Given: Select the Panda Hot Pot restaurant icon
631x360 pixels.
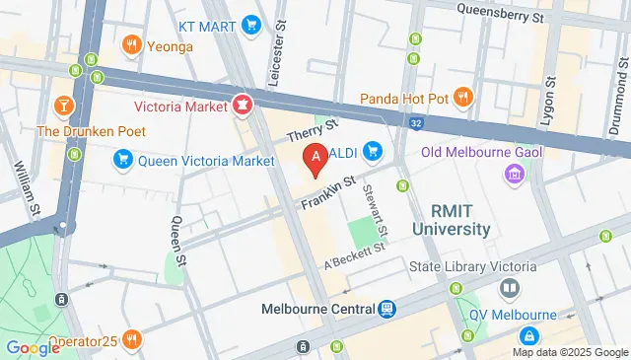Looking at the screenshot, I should (x=464, y=98).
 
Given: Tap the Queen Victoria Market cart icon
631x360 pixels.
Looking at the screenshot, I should (x=123, y=159).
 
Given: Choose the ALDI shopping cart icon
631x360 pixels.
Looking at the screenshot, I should (x=373, y=151).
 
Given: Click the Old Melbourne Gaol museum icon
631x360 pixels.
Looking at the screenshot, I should (x=513, y=176).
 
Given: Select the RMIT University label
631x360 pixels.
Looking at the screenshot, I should (x=459, y=220).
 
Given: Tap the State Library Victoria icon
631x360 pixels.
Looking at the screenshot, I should (x=510, y=289).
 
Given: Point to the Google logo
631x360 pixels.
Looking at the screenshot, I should (x=34, y=347).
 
